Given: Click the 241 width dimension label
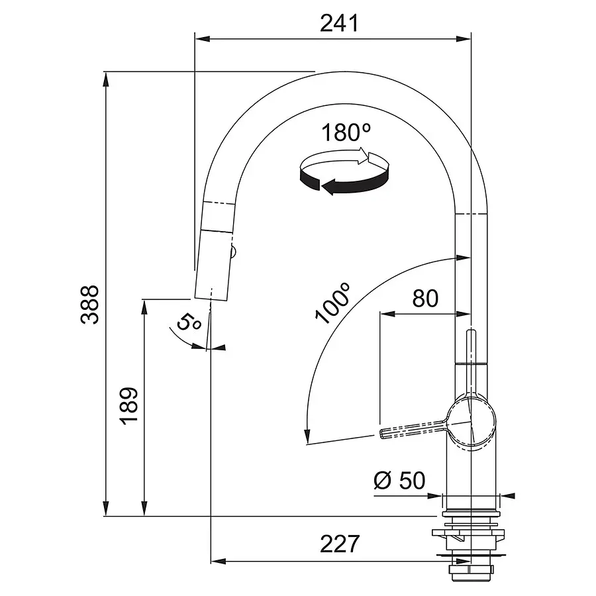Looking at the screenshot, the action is [x=339, y=23].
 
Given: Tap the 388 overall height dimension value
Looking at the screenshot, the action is [x=90, y=304].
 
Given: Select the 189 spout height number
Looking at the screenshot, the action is [x=128, y=405].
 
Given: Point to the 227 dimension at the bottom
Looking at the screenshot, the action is [x=340, y=544].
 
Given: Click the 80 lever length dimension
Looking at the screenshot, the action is [x=425, y=299].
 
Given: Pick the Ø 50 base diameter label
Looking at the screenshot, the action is [x=399, y=481].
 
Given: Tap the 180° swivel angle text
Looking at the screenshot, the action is [x=346, y=132].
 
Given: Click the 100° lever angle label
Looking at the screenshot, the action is [x=332, y=303].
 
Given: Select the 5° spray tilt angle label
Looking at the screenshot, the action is [x=189, y=322].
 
